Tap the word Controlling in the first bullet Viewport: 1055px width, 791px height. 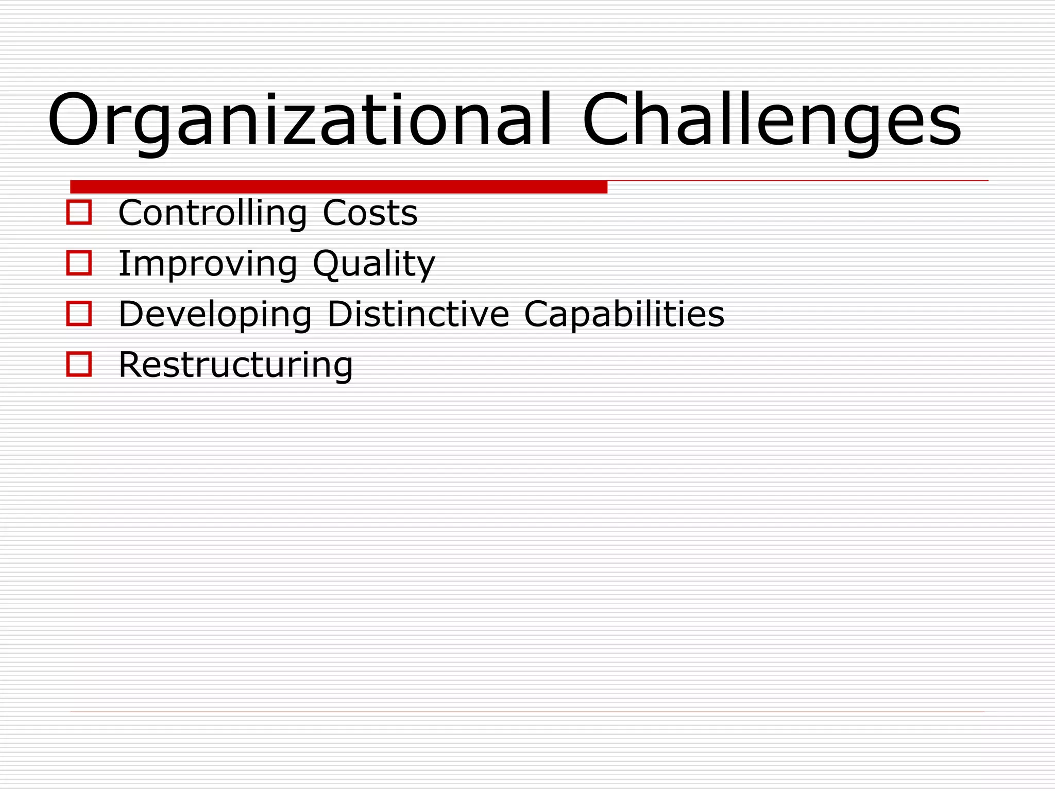pos(212,213)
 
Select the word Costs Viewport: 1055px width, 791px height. pos(370,213)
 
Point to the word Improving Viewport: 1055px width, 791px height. pos(208,264)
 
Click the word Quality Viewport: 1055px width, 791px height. pos(374,264)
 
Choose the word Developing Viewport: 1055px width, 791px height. pos(215,314)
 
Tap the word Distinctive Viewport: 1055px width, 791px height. pos(418,314)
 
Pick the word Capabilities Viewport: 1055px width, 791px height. pos(624,314)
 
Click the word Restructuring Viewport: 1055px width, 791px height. pos(235,365)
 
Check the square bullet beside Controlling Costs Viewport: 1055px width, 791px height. pos(79,212)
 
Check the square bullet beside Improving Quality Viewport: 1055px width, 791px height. pos(79,263)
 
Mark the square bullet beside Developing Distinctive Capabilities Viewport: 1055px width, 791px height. pos(79,314)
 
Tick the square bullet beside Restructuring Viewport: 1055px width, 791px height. pos(79,364)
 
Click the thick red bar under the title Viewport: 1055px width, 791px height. pos(338,186)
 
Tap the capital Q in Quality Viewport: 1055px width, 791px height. pos(328,264)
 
